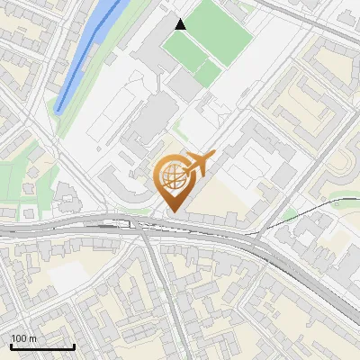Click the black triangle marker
click(181, 24)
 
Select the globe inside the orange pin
click(171, 176)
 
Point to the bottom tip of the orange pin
click(171, 211)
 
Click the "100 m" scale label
click(23, 338)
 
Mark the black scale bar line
click(42, 346)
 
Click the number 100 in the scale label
click(18, 338)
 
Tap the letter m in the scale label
click(31, 338)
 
